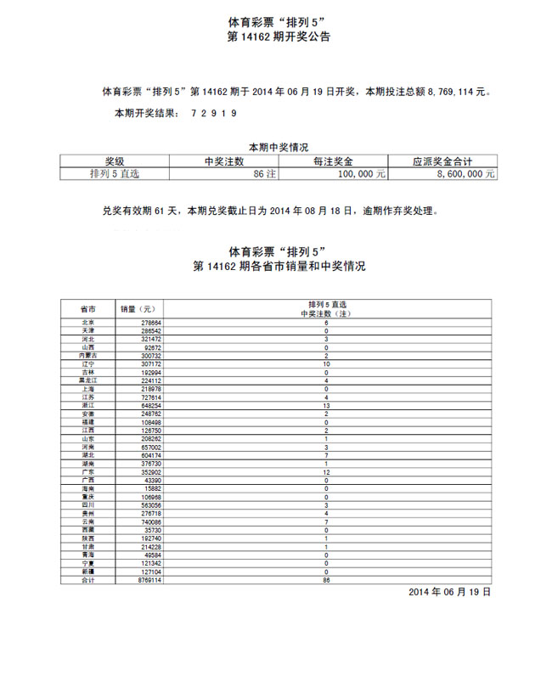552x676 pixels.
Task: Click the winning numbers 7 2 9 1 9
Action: tap(213, 112)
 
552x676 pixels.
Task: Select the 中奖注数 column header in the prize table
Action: tap(224, 161)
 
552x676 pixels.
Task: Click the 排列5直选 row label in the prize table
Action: tap(114, 172)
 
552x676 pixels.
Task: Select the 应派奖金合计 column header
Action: tap(442, 161)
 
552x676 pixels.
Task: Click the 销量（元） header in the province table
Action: tap(137, 309)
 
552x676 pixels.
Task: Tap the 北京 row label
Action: tap(87, 324)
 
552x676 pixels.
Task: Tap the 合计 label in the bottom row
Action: tap(87, 581)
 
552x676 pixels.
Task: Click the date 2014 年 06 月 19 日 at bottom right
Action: tap(449, 591)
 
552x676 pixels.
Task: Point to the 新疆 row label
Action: tap(87, 572)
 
